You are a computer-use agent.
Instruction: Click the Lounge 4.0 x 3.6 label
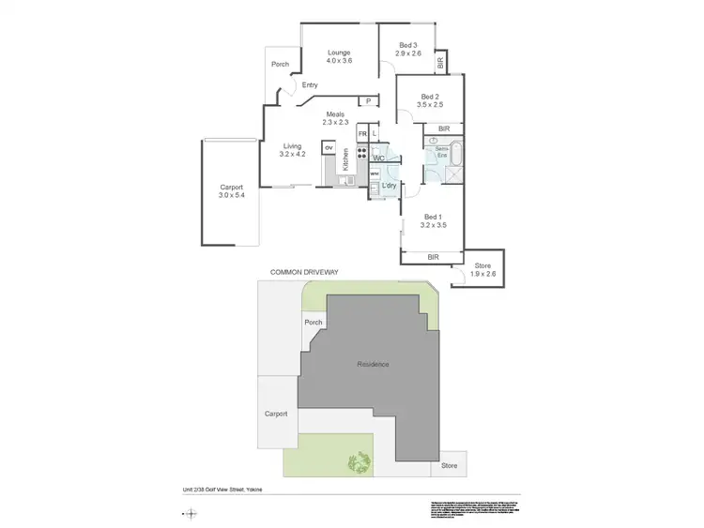click(x=339, y=56)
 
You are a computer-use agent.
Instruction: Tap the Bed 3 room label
click(x=407, y=45)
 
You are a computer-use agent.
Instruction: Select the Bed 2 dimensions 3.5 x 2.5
click(x=430, y=104)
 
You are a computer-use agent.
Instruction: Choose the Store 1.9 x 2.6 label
click(x=482, y=269)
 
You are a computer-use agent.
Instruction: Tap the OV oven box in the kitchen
click(x=329, y=147)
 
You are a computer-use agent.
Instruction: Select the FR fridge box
click(x=361, y=134)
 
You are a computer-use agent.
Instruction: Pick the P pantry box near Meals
click(x=369, y=101)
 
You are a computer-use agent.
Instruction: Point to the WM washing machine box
click(x=374, y=173)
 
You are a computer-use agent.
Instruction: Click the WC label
click(x=378, y=158)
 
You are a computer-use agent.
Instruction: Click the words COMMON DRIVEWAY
click(x=303, y=272)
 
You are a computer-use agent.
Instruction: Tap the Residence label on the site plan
click(x=372, y=364)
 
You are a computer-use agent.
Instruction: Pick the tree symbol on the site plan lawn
click(x=359, y=460)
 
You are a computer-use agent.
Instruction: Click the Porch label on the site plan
click(x=313, y=323)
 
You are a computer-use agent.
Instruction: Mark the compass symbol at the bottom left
click(x=191, y=512)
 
